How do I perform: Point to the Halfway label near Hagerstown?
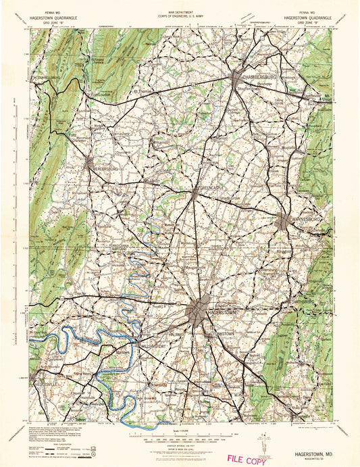click(176, 333)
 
